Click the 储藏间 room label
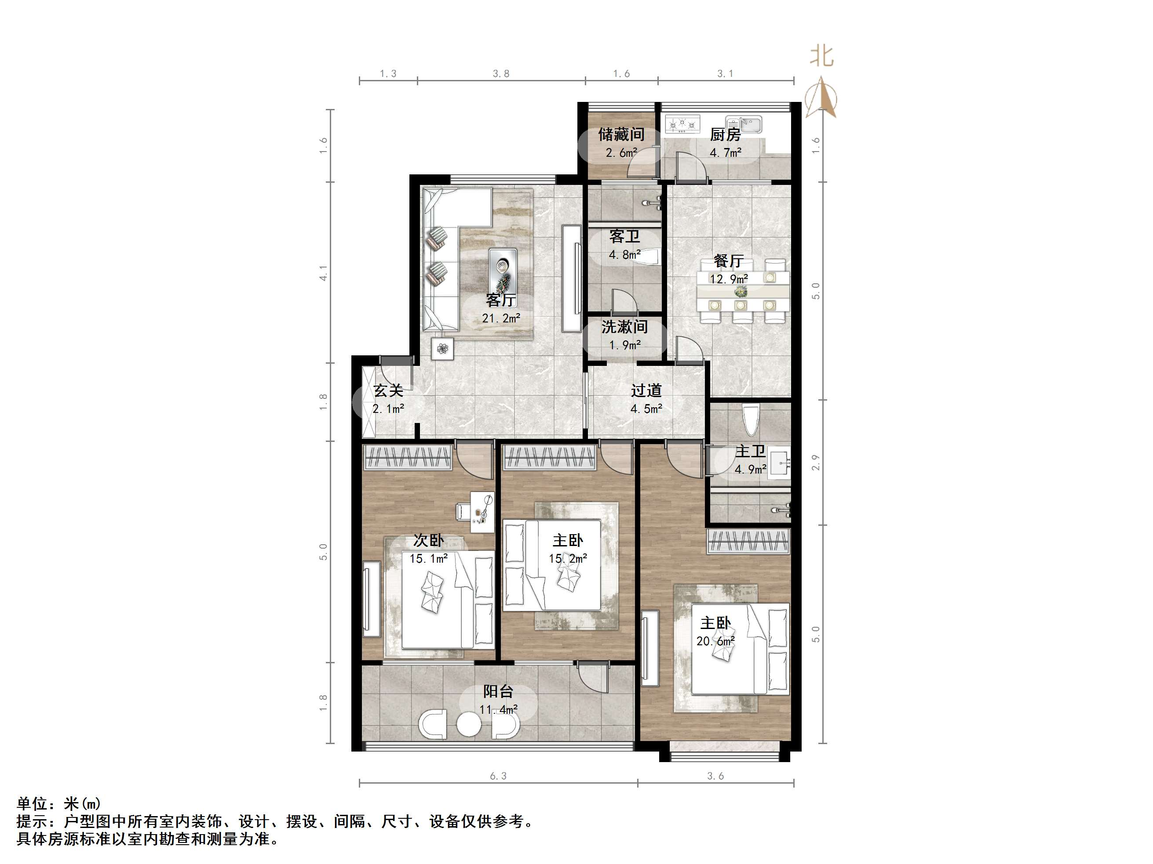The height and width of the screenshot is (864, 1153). (621, 135)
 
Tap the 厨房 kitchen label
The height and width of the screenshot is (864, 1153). (725, 135)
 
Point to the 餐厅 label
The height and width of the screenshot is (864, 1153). (728, 260)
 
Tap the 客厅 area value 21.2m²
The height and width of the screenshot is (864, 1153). (501, 318)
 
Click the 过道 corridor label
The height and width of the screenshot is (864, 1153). (646, 390)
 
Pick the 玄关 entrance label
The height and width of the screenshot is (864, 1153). (388, 390)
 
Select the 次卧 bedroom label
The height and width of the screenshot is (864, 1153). (428, 541)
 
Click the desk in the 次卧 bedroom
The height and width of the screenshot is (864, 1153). (482, 512)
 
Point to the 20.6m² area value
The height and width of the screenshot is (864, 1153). (715, 642)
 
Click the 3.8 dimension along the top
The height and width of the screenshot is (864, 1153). (501, 74)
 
